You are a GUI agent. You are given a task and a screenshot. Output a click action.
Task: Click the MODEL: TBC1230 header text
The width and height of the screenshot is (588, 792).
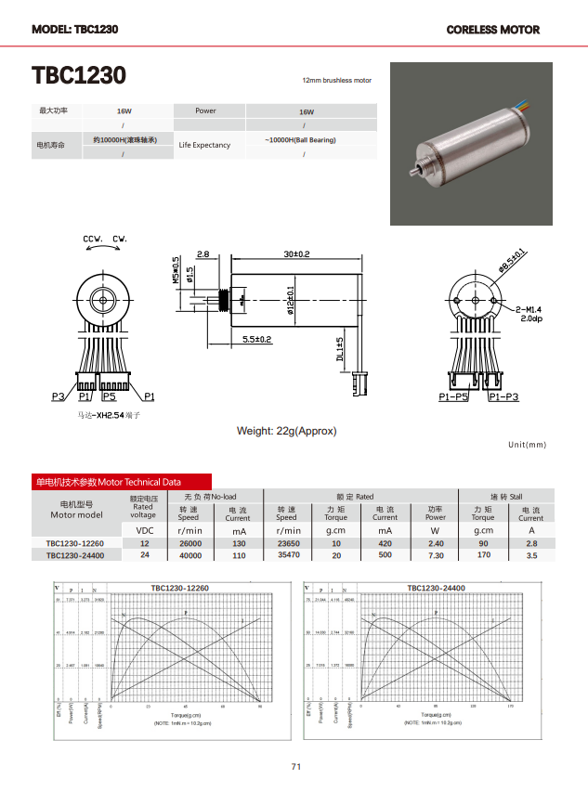pyautogui.click(x=74, y=29)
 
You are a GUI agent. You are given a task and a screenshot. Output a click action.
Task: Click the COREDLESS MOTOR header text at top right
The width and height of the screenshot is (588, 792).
pyautogui.click(x=492, y=30)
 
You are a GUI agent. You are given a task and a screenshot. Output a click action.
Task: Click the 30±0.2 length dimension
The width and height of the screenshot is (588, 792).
pyautogui.click(x=296, y=253)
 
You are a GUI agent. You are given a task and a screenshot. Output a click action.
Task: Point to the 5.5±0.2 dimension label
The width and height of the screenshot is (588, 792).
pyautogui.click(x=256, y=340)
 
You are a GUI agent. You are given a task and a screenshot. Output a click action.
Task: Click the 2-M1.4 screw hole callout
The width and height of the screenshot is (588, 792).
pyautogui.click(x=528, y=308)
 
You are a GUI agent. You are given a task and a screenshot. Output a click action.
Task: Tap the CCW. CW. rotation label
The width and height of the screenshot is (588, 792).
pyautogui.click(x=105, y=240)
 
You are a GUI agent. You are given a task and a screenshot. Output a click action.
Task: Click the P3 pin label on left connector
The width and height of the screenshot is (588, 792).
pyautogui.click(x=59, y=396)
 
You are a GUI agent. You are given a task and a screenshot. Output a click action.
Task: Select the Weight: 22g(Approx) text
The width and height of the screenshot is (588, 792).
pyautogui.click(x=286, y=431)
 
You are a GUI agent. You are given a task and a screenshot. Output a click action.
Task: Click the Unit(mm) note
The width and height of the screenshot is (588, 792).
pyautogui.click(x=528, y=446)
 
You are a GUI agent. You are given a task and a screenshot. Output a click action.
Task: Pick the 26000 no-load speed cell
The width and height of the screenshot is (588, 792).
pyautogui.click(x=189, y=543)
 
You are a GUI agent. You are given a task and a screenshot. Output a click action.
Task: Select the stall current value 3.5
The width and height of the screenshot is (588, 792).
pyautogui.click(x=531, y=555)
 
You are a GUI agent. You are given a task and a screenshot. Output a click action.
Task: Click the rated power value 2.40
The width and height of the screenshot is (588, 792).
pyautogui.click(x=435, y=543)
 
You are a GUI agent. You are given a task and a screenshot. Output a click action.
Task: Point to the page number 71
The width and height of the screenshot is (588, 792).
pyautogui.click(x=296, y=766)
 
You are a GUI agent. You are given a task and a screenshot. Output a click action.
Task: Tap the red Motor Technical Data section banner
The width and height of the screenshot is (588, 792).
pyautogui.click(x=108, y=482)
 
